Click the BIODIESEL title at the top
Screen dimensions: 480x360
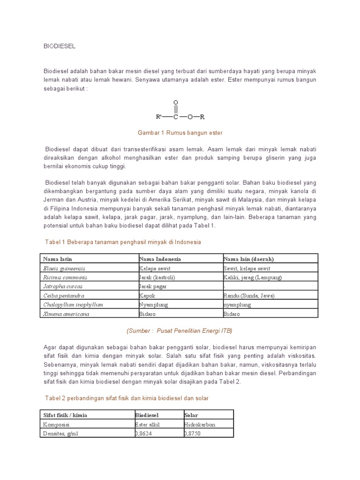(x=60, y=46)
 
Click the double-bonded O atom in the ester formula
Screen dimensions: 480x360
(x=176, y=102)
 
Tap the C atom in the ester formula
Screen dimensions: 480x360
(x=176, y=117)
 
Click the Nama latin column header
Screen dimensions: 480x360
(x=58, y=259)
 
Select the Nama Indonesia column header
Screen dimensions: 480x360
(x=160, y=259)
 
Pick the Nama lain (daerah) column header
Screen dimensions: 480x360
(x=248, y=259)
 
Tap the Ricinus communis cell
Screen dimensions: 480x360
(x=65, y=277)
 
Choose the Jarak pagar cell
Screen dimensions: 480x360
(x=153, y=286)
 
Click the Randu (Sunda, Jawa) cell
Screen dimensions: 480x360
(x=248, y=295)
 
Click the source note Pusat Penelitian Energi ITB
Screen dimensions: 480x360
(x=180, y=330)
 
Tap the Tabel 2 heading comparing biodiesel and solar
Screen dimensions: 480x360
(x=127, y=398)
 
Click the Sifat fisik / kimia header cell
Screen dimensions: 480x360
(x=65, y=415)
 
